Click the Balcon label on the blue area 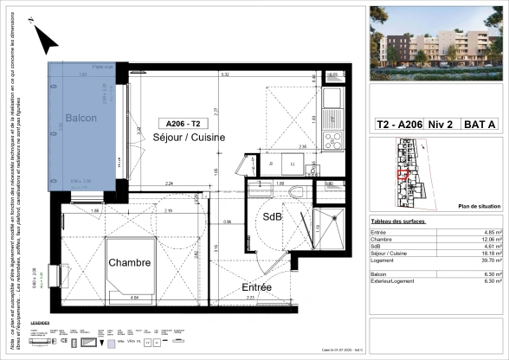click(81, 119)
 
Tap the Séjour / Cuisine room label click(189, 138)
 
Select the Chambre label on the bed click(130, 262)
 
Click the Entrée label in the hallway click(257, 286)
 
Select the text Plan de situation click(477, 207)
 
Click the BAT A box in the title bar click(480, 125)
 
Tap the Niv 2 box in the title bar click(442, 125)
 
